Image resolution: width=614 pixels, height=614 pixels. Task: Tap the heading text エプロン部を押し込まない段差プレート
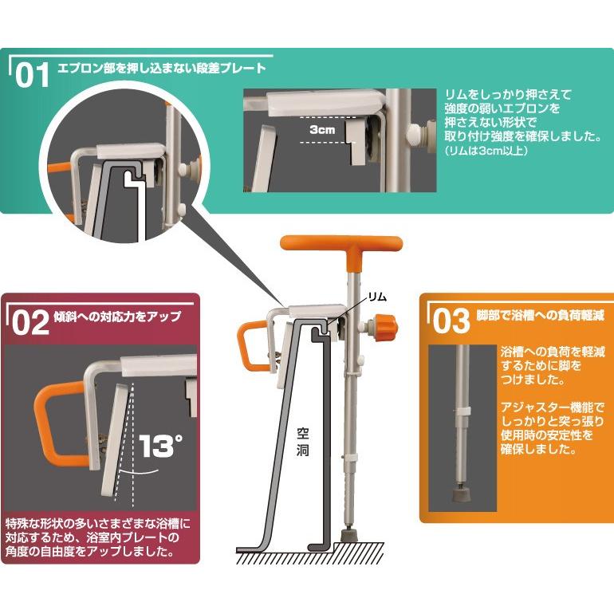tap(161, 69)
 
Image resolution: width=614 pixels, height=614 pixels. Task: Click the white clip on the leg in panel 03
tap(463, 410)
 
